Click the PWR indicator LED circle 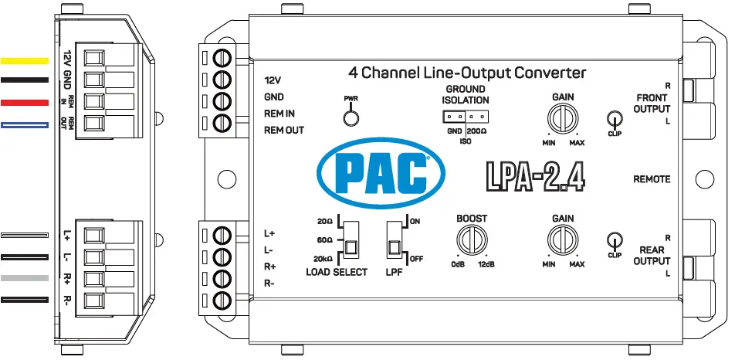351,117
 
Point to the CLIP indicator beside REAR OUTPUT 614,241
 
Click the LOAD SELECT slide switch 351,239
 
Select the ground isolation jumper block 466,117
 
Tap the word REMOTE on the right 652,179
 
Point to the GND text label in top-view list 274,97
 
